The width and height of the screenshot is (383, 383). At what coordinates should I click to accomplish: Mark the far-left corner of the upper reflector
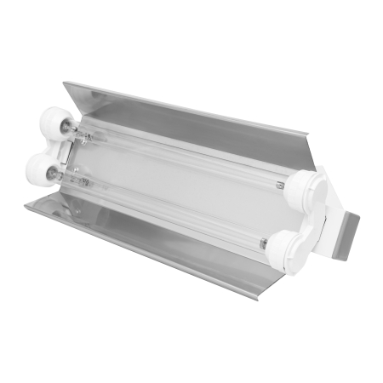(x=65, y=83)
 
